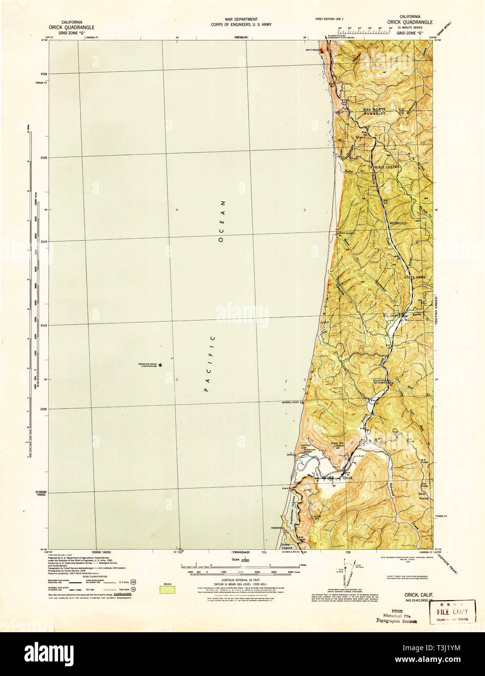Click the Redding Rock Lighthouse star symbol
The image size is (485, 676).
point(161,365)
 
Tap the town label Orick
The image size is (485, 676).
point(347,478)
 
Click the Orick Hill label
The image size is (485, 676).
point(337,443)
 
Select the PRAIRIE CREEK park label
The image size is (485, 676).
point(385,167)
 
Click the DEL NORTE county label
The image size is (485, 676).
point(374,109)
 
